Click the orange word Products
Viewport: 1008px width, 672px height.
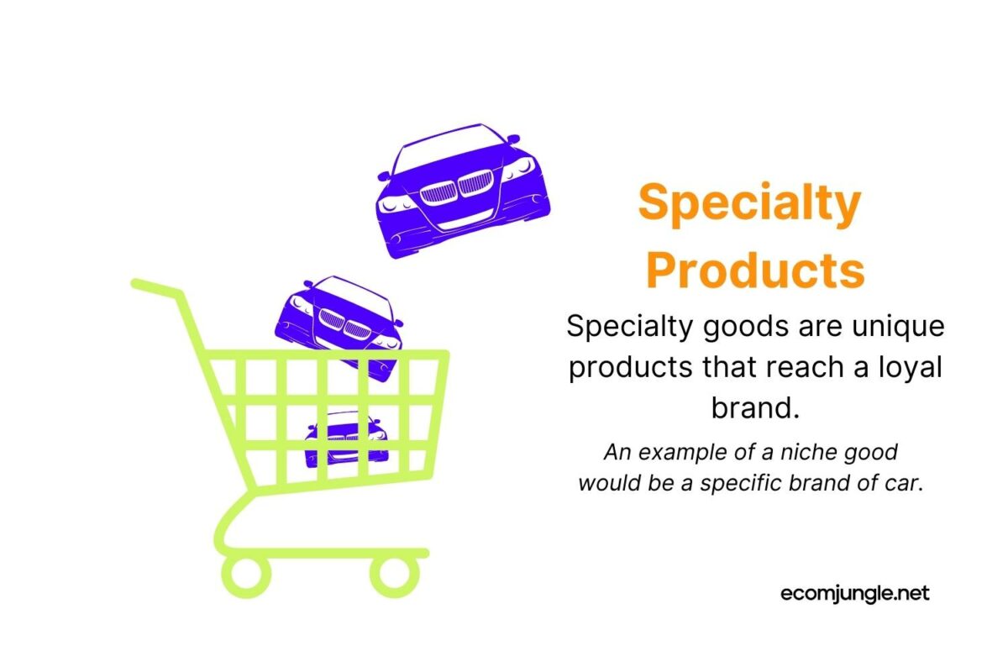coord(755,270)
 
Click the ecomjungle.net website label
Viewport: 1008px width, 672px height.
coord(854,593)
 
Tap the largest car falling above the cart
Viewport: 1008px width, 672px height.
coord(461,190)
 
